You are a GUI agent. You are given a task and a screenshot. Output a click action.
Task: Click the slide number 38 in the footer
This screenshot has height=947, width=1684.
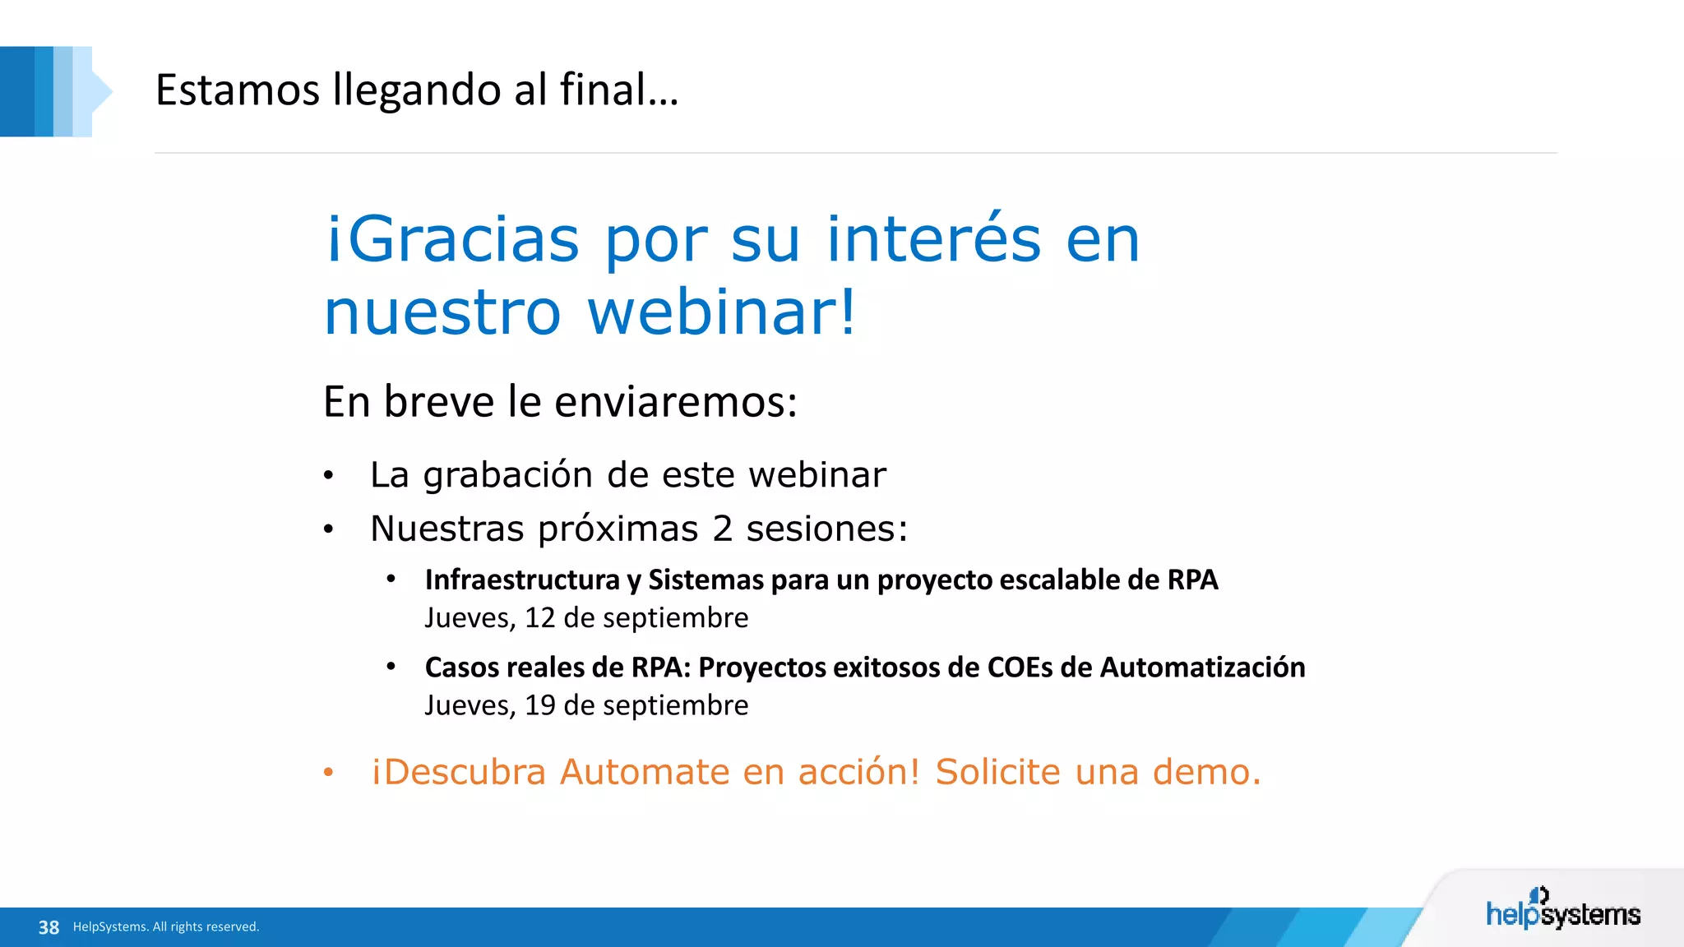49,927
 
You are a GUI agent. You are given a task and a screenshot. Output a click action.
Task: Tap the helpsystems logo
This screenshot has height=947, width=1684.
1562,911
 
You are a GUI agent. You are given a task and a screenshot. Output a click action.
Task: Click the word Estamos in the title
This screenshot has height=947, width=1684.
237,90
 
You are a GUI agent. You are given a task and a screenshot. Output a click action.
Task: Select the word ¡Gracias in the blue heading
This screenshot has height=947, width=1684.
452,239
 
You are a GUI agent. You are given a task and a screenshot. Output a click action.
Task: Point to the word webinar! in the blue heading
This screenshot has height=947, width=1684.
722,312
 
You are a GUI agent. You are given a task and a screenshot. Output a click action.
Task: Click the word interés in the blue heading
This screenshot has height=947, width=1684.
934,239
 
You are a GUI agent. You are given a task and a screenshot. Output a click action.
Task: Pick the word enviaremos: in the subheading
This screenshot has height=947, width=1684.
675,402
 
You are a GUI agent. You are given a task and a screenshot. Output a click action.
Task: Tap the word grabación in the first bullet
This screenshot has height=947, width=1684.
507,475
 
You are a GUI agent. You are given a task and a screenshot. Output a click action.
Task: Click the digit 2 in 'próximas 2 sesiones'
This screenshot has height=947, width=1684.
722,529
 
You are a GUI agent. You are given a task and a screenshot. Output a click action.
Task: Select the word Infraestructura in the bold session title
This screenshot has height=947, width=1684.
521,580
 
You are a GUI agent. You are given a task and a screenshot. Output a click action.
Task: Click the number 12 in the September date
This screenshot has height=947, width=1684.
539,618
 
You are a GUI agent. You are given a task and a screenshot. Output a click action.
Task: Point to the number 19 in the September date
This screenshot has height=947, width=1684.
539,705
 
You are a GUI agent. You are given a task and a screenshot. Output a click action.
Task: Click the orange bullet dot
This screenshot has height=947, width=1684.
328,772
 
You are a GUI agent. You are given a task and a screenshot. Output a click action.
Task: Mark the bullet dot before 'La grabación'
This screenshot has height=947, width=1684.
328,476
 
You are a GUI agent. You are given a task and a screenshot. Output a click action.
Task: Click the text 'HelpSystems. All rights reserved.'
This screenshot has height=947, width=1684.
166,927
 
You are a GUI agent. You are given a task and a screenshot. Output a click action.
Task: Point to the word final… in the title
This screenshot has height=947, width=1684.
619,90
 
